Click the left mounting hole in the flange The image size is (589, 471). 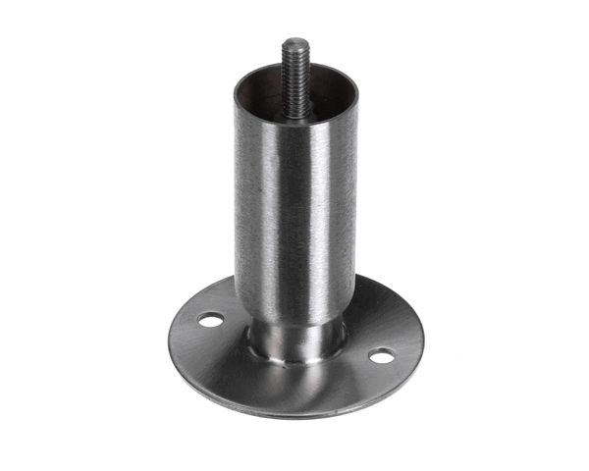[x=209, y=319]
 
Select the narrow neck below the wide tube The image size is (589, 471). [x=295, y=339]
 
